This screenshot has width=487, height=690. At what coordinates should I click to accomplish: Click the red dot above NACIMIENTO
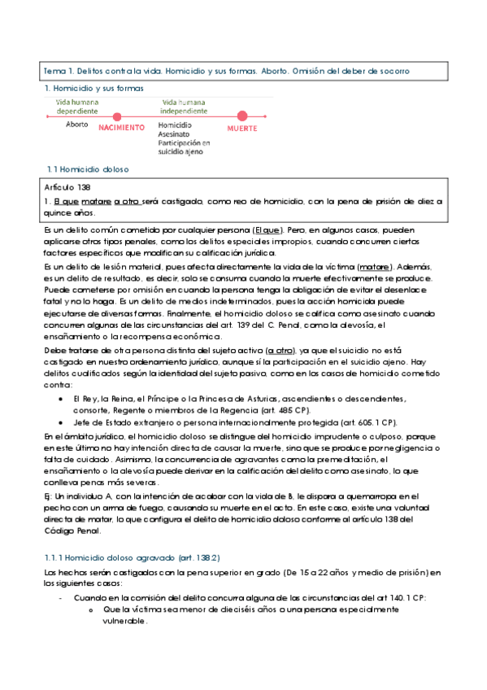pos(117,116)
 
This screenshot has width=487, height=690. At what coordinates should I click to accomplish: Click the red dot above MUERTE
pos(241,116)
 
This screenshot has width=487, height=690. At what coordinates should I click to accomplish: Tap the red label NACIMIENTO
pos(121,128)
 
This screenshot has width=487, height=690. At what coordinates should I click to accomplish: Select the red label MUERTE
pos(242,129)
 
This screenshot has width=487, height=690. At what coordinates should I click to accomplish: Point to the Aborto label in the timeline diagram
pos(77,124)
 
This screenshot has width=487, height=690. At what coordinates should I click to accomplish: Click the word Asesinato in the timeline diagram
pos(174,134)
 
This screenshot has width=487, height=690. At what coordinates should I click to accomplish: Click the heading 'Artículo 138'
pos(67,187)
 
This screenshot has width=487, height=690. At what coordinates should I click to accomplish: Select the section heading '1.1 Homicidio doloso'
pos(89,169)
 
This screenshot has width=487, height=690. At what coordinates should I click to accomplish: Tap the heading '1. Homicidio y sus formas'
pos(93,87)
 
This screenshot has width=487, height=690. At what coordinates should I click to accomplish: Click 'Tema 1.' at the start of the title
pos(59,72)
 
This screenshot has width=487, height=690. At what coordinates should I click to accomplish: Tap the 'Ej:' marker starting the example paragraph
pos(49,474)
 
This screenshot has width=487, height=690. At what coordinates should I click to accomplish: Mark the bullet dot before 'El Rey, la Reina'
pos(63,399)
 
